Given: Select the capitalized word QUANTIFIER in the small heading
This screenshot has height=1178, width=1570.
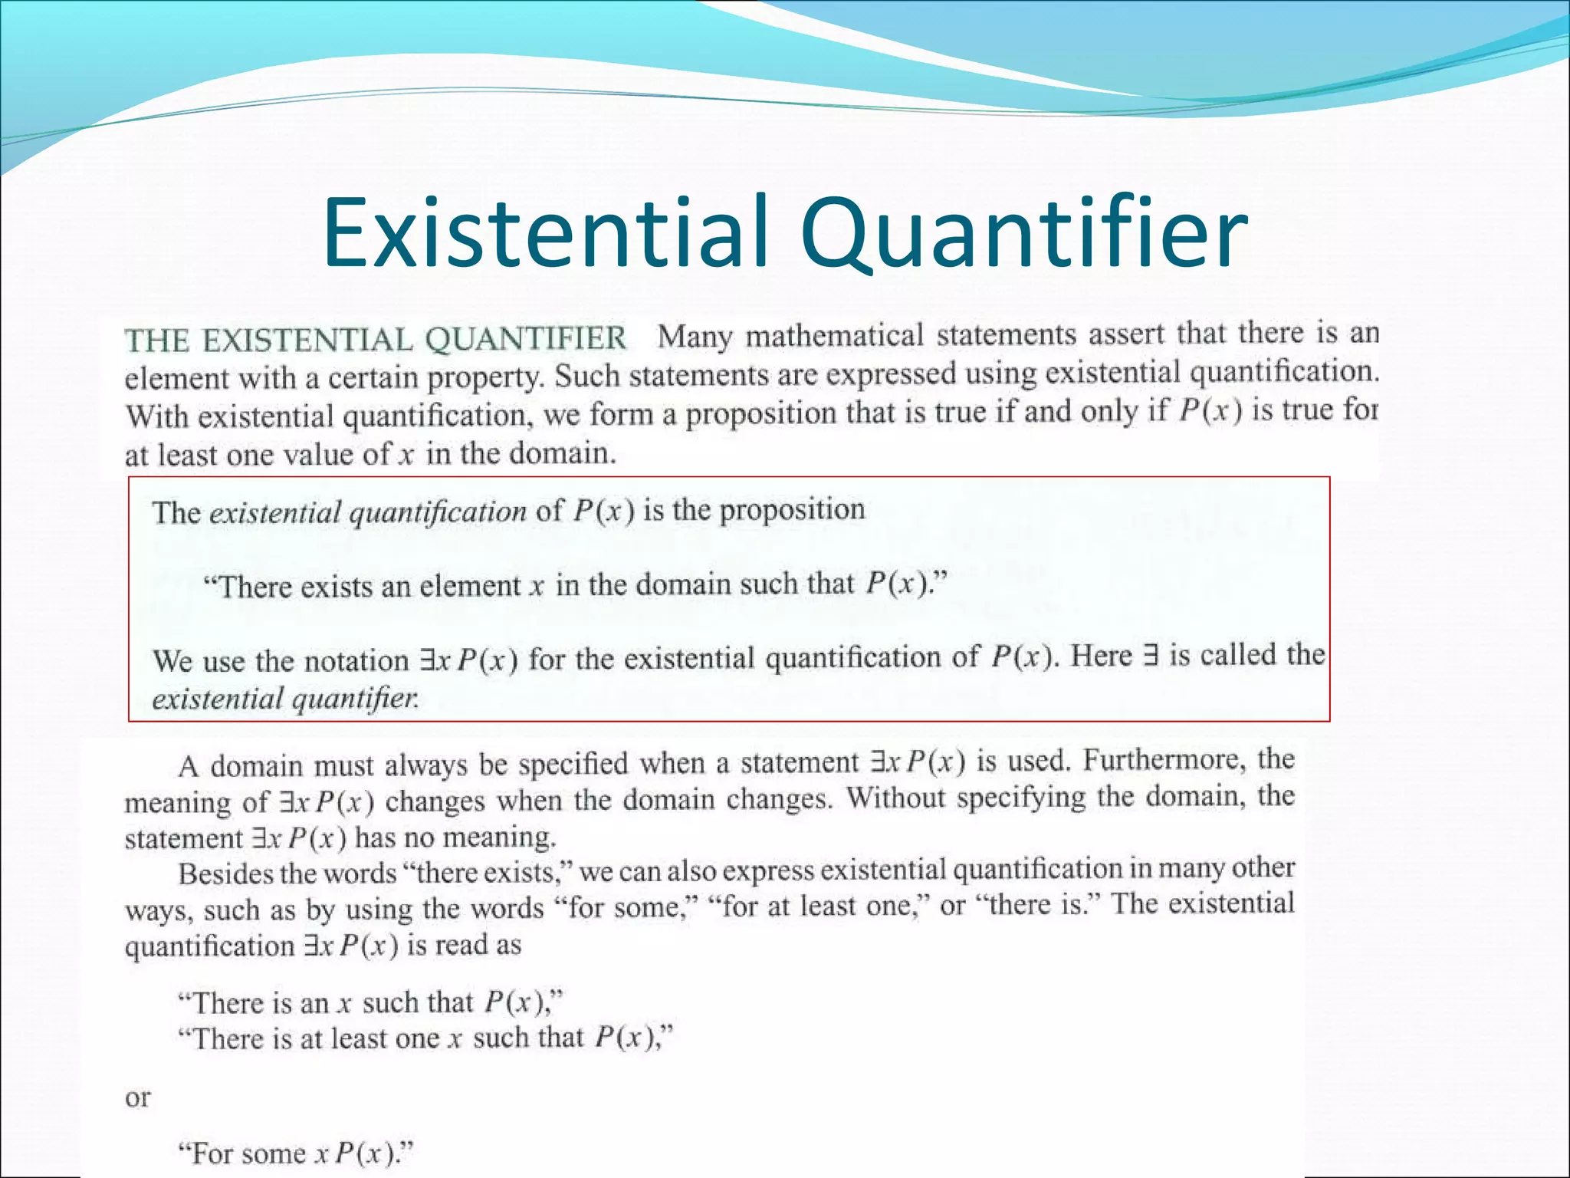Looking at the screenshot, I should pos(525,339).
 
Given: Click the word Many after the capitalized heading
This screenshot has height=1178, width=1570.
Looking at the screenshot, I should pos(695,337).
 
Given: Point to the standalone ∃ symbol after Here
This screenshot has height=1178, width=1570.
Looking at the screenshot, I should pos(1149,656).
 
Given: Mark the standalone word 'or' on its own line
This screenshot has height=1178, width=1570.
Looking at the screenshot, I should pos(138,1098).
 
